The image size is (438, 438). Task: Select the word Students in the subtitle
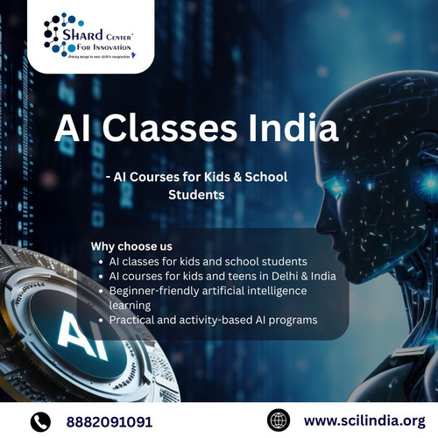pyautogui.click(x=196, y=195)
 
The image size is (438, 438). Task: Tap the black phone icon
pyautogui.click(x=40, y=420)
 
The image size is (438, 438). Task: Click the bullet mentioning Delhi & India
pyautogui.click(x=215, y=275)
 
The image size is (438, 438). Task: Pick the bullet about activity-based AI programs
pyautogui.click(x=213, y=320)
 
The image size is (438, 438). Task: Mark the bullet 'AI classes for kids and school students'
pyautogui.click(x=208, y=260)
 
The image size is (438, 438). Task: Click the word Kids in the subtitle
pyautogui.click(x=204, y=177)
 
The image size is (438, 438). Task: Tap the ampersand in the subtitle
pyautogui.click(x=230, y=177)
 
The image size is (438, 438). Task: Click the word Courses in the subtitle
pyautogui.click(x=145, y=177)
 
